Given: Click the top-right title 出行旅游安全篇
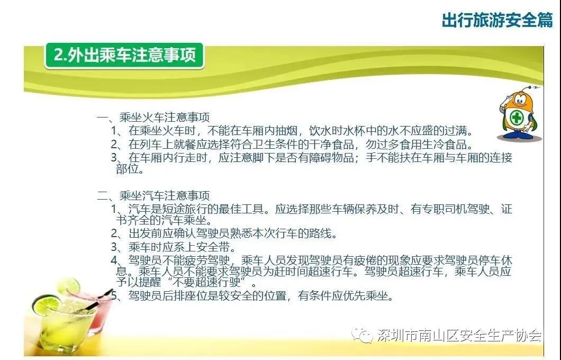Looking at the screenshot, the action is coord(497,20).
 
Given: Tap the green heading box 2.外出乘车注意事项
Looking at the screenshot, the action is coord(124,56).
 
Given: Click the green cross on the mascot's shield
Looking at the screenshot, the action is coord(517,117).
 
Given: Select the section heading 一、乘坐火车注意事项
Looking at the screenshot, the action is coord(153,118).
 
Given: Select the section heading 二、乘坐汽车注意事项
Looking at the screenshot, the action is coord(153,195).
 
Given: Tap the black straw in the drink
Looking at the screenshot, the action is coord(94,301).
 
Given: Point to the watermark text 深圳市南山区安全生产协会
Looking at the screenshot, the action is coord(459,335).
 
